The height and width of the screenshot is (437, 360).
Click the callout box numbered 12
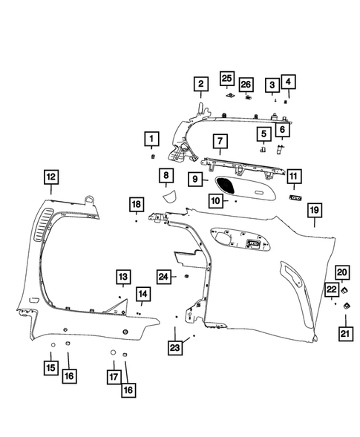50,177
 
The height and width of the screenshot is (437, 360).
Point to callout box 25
226,79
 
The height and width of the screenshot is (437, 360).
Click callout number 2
200,85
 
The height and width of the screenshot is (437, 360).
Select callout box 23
175,347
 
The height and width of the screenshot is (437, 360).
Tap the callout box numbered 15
50,367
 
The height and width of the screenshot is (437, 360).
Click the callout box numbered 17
114,376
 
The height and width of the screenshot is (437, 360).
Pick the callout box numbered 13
122,277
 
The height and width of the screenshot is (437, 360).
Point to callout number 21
346,334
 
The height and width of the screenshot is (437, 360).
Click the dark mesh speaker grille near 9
225,181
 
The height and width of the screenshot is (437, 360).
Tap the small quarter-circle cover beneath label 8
169,196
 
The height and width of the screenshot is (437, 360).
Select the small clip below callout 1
152,157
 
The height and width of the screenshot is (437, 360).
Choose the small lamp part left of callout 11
294,199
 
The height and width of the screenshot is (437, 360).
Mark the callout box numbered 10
215,201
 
